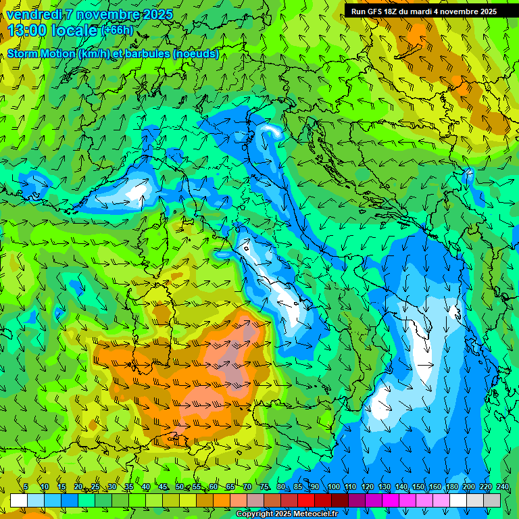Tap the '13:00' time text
coord(26,30)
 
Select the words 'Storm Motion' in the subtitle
coord(41,54)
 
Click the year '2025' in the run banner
coord(487,11)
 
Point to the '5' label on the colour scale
coord(26,487)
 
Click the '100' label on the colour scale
coord(333,487)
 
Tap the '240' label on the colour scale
coord(502,487)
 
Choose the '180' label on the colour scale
coord(451,487)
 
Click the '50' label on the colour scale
coord(180,487)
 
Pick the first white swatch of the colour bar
coord(19,500)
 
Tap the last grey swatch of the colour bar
coord(492,500)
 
